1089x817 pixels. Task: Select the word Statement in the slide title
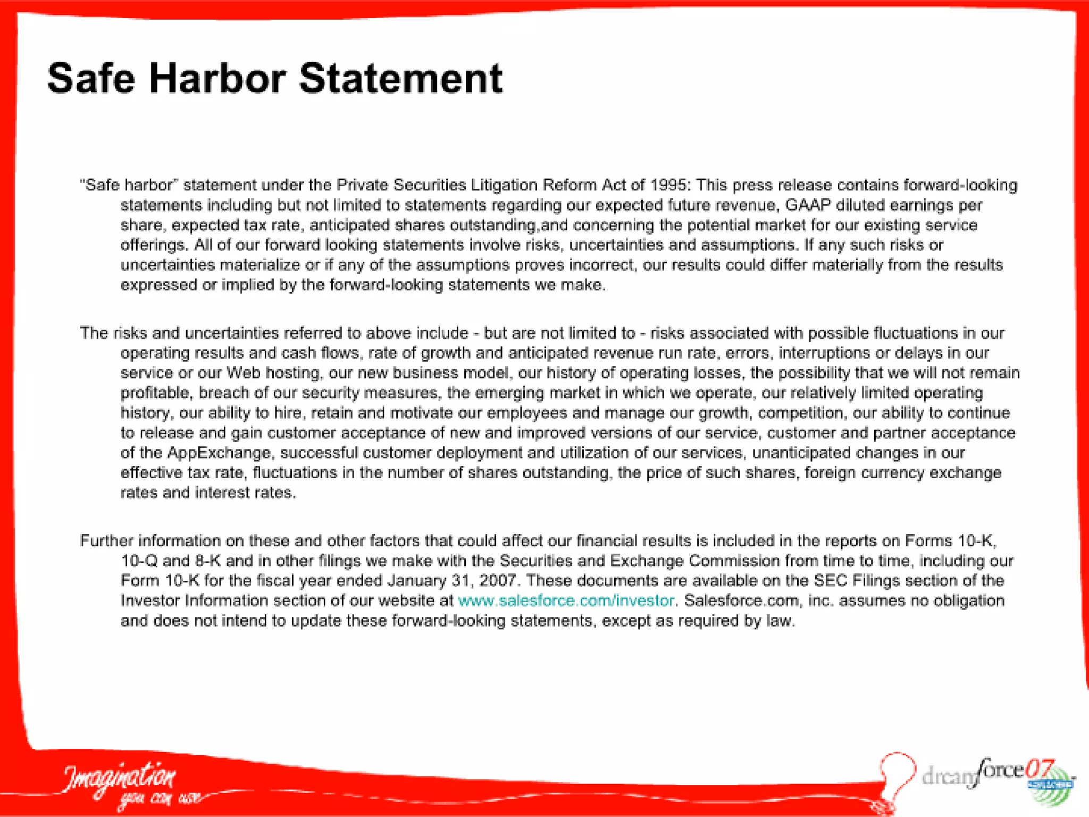(x=401, y=79)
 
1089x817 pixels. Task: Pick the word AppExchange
(x=219, y=453)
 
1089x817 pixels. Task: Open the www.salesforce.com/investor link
(x=566, y=601)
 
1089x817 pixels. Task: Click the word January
(x=416, y=580)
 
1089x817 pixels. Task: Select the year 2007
(x=498, y=580)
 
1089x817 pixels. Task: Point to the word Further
(x=106, y=541)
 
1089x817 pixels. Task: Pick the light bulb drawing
(x=898, y=774)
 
